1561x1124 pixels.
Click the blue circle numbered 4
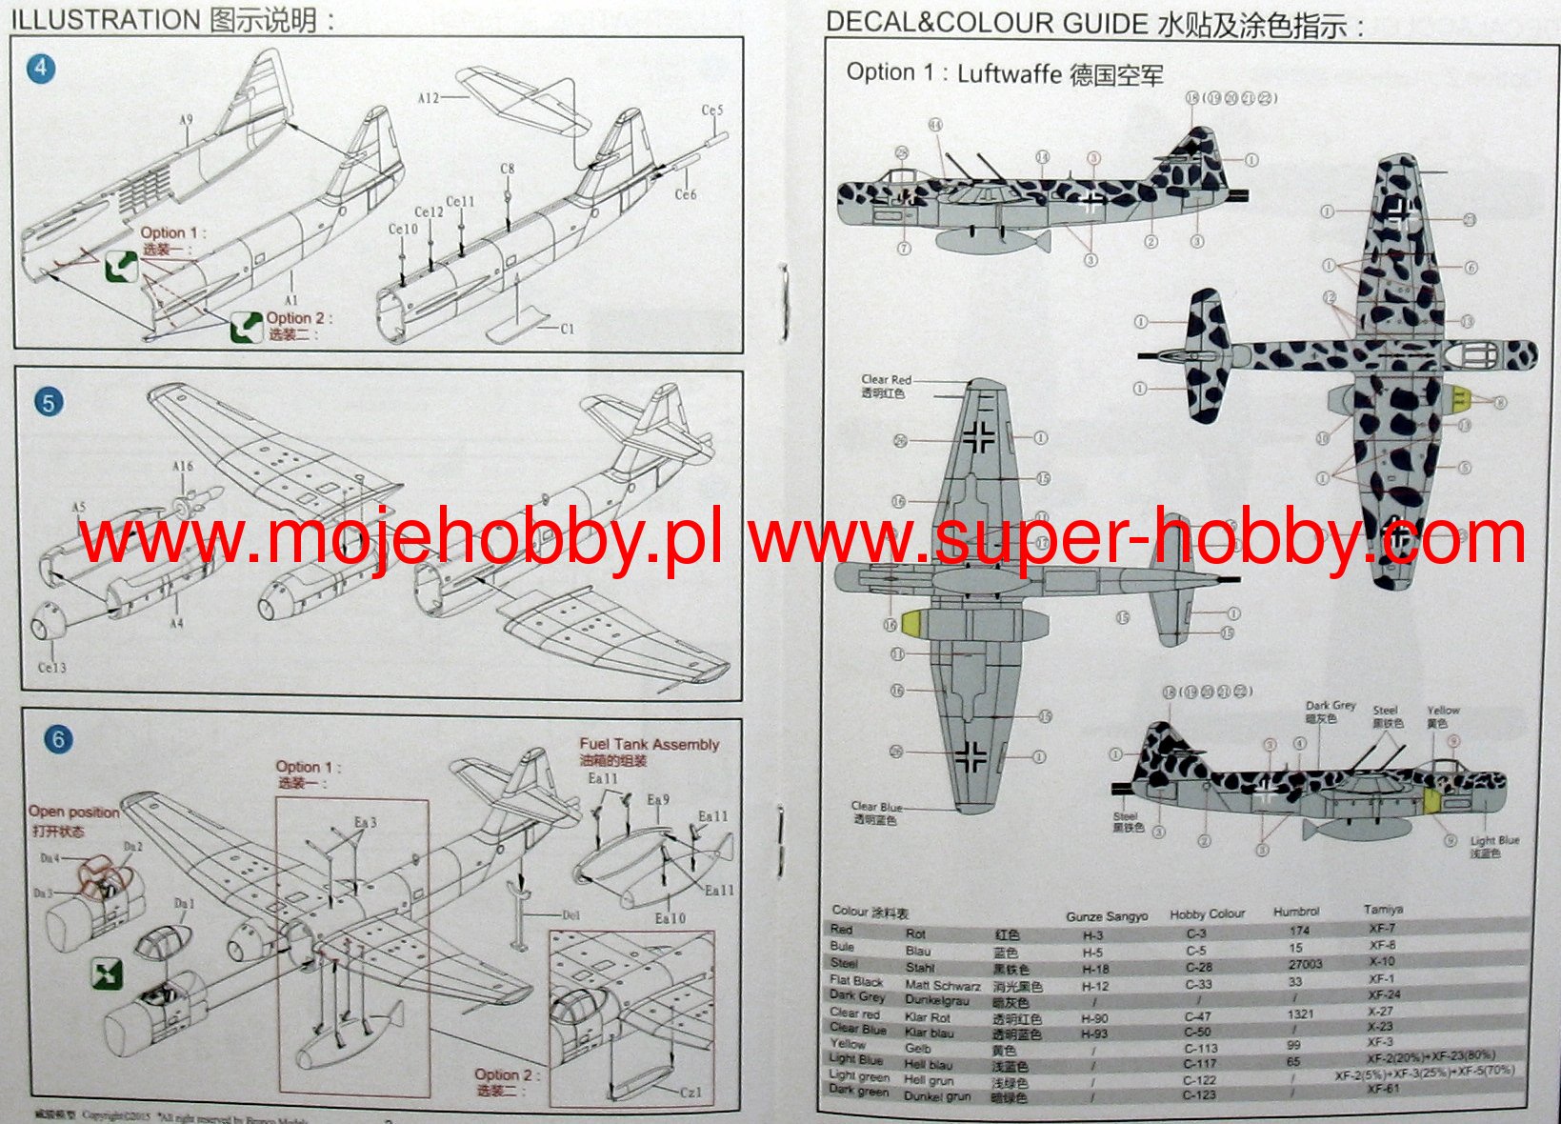tap(41, 69)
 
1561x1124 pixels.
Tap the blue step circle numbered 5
tap(49, 403)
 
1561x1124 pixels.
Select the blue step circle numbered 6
tap(58, 739)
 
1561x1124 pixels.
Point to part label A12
tap(429, 98)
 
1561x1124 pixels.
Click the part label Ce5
tap(712, 110)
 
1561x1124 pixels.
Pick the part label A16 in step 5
tap(183, 467)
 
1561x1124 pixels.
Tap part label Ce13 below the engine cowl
tap(52, 668)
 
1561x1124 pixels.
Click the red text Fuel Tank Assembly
tap(649, 744)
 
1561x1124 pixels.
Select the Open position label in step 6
tap(73, 812)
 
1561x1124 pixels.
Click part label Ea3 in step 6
tap(366, 822)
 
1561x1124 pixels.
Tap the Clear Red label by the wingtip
tap(886, 379)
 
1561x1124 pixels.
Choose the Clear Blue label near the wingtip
tap(876, 807)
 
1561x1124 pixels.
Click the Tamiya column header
tap(1383, 910)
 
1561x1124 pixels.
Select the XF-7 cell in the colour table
tap(1382, 928)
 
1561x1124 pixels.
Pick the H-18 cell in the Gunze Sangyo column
tap(1095, 969)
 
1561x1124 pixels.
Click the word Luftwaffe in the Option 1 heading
tap(1009, 74)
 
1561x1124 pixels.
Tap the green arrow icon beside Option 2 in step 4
tap(247, 327)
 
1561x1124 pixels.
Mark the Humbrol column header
tap(1296, 912)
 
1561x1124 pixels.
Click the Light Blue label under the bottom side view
tap(1494, 841)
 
